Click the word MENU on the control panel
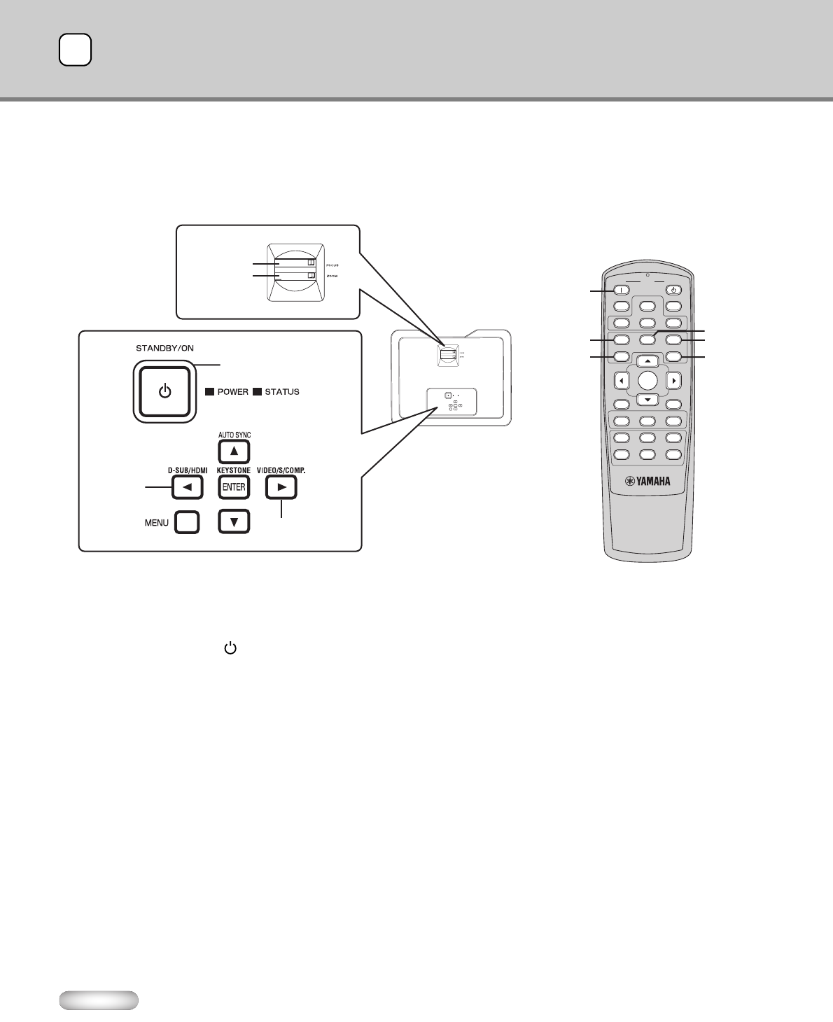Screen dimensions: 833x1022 point(157,522)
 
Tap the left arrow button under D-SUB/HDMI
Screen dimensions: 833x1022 point(187,487)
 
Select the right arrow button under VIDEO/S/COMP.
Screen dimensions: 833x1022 point(281,487)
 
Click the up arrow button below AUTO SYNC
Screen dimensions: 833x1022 point(234,451)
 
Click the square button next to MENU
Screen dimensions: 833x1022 point(187,522)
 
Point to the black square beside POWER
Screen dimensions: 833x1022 point(209,392)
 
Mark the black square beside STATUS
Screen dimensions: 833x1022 point(257,392)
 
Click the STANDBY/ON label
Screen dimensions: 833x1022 point(160,346)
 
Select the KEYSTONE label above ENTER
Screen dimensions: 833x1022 point(234,470)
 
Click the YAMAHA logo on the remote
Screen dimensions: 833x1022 point(648,482)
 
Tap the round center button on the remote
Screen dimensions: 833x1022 point(648,380)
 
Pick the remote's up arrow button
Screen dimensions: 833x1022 point(648,361)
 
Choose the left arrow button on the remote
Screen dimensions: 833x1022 point(621,381)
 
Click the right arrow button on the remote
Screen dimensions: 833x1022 point(674,381)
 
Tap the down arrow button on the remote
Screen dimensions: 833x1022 point(648,400)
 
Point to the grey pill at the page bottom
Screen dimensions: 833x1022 point(99,1000)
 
